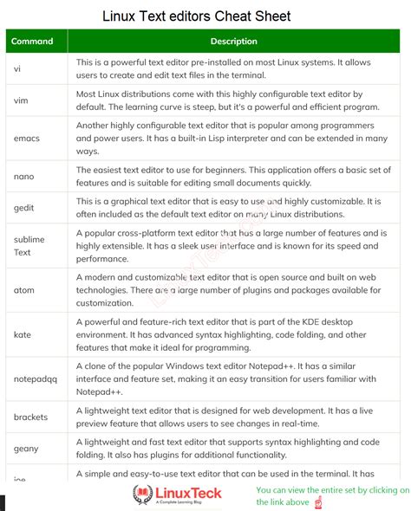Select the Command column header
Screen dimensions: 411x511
click(33, 41)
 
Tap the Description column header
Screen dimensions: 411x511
click(233, 41)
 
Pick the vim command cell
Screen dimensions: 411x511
click(22, 100)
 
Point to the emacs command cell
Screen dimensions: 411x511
click(27, 138)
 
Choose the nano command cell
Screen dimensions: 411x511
click(24, 176)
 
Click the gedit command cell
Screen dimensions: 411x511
click(25, 208)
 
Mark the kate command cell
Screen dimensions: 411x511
click(23, 333)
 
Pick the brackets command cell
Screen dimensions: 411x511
click(31, 417)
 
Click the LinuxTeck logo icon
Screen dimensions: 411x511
click(142, 495)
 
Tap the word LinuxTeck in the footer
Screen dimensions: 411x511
click(188, 492)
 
